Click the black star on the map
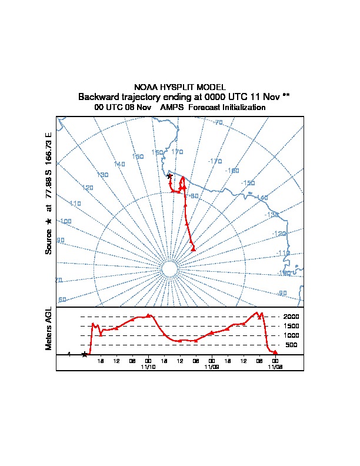click(169, 176)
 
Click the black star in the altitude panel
click(85, 354)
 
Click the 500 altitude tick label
click(292, 345)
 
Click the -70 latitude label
click(218, 123)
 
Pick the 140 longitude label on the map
click(119, 164)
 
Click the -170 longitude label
click(215, 161)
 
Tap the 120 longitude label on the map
click(88, 188)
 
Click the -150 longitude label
click(248, 183)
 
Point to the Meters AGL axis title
click(49, 329)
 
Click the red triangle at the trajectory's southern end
click(194, 249)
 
